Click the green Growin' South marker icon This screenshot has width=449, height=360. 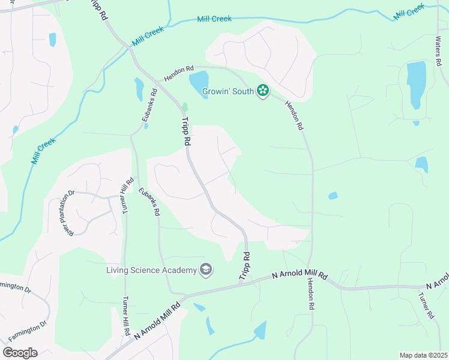click(x=262, y=91)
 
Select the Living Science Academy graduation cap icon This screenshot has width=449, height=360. click(x=206, y=269)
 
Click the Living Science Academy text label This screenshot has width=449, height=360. click(x=151, y=270)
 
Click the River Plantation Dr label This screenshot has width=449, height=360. click(x=70, y=213)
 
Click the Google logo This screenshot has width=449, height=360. click(x=20, y=353)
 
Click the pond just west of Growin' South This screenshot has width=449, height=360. click(x=199, y=81)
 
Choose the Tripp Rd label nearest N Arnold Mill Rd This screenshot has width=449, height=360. click(x=245, y=265)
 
